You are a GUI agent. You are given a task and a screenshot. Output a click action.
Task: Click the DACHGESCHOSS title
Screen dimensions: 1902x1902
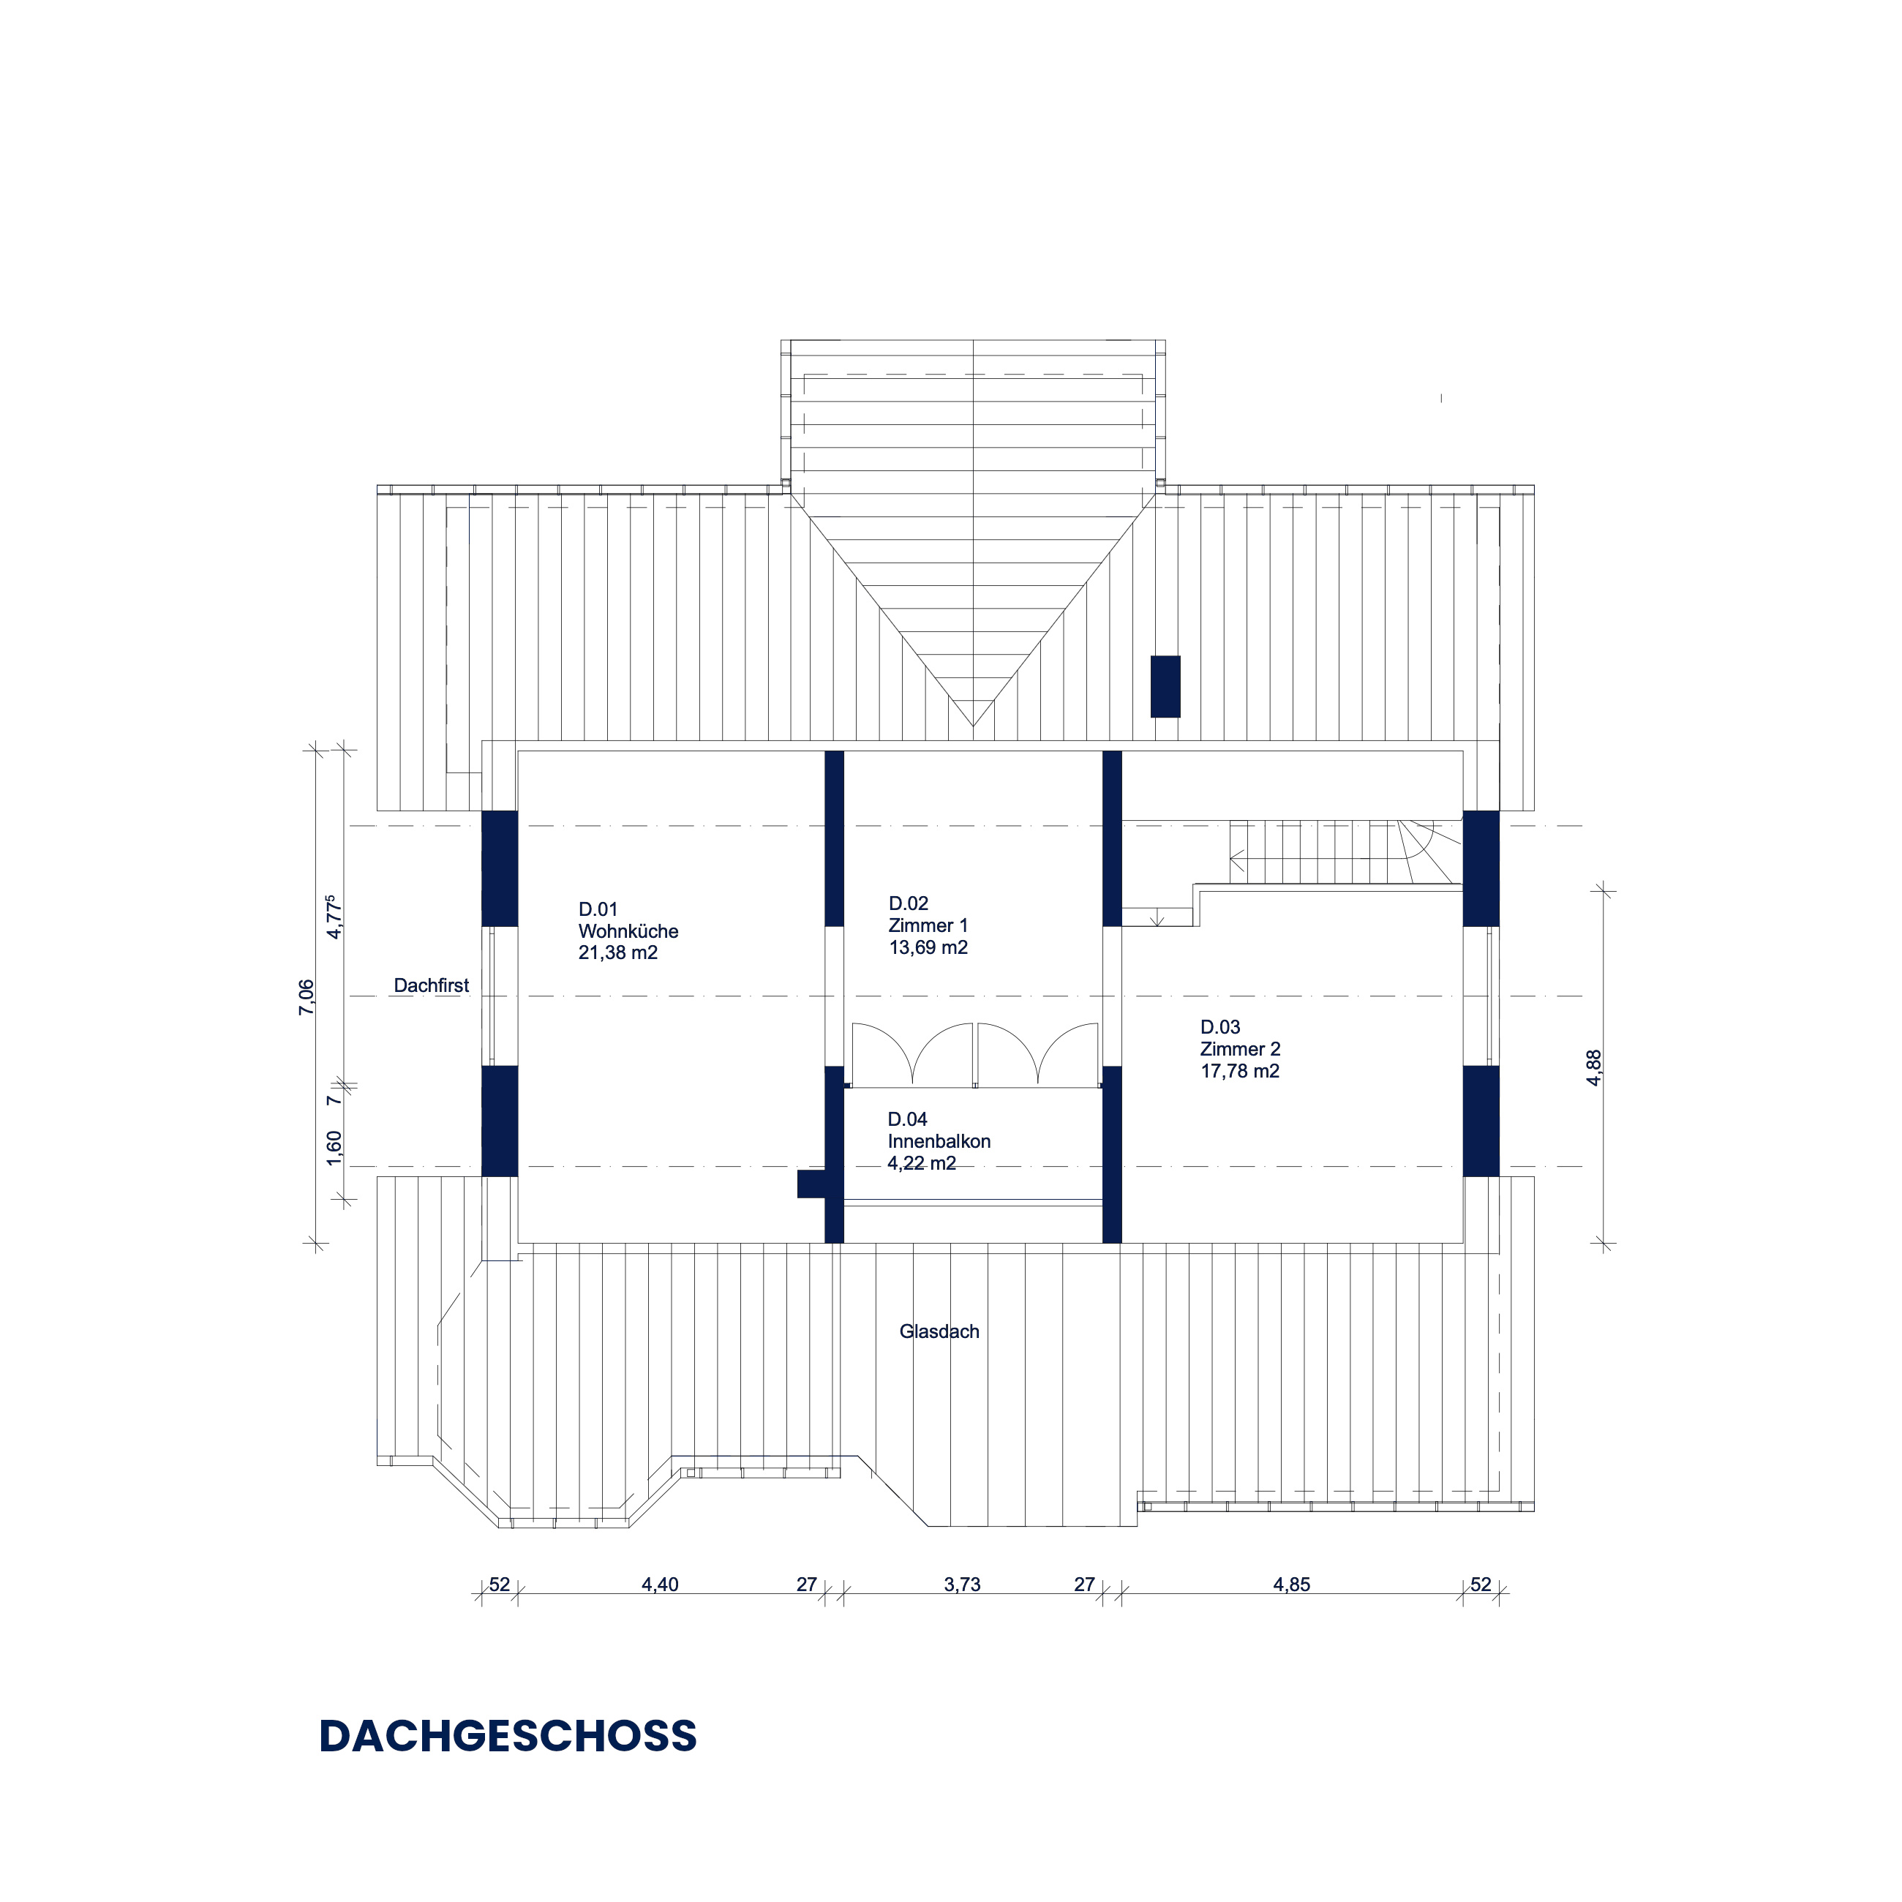(508, 1736)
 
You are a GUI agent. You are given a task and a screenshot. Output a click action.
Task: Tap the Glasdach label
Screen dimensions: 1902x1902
(939, 1331)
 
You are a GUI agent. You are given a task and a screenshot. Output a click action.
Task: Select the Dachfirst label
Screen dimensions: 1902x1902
(431, 985)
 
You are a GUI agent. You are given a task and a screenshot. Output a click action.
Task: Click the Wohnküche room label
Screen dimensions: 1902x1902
(628, 931)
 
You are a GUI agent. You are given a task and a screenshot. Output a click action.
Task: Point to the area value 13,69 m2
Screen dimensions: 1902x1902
(928, 947)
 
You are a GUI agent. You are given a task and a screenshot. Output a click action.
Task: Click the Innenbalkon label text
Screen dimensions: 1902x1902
(939, 1141)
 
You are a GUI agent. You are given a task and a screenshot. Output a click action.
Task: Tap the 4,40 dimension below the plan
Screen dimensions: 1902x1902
(660, 1584)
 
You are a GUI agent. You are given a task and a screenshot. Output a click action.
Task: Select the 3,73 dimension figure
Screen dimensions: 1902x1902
(963, 1584)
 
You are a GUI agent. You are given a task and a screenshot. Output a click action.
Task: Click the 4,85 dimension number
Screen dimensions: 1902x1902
(1292, 1584)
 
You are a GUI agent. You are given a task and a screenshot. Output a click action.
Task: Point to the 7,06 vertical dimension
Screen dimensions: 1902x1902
(307, 997)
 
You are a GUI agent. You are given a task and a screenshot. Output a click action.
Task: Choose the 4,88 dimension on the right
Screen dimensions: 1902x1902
(1594, 1068)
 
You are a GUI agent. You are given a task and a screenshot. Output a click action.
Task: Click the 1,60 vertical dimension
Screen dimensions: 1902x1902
(335, 1148)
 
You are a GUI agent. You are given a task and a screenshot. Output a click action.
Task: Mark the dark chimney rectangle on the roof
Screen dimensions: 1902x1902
(1165, 686)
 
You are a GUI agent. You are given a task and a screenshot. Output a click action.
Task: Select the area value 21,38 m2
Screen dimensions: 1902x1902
(618, 953)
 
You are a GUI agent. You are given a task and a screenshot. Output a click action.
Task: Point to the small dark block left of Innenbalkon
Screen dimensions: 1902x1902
(811, 1184)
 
